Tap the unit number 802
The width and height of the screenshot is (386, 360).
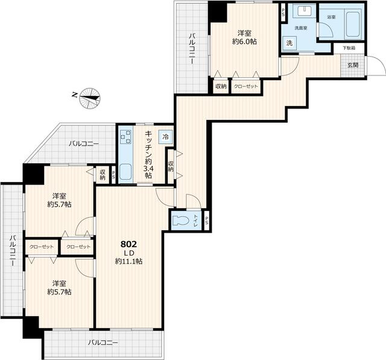pos(129,244)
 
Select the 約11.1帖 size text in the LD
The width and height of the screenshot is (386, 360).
pos(129,262)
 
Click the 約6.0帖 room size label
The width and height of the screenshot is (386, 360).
pos(244,41)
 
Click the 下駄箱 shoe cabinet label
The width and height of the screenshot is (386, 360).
pos(349,48)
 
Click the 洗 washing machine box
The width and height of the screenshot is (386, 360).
pos(289,43)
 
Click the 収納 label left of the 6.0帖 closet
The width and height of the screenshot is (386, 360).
pos(221,87)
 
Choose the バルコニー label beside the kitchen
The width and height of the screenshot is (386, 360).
pos(83,144)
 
